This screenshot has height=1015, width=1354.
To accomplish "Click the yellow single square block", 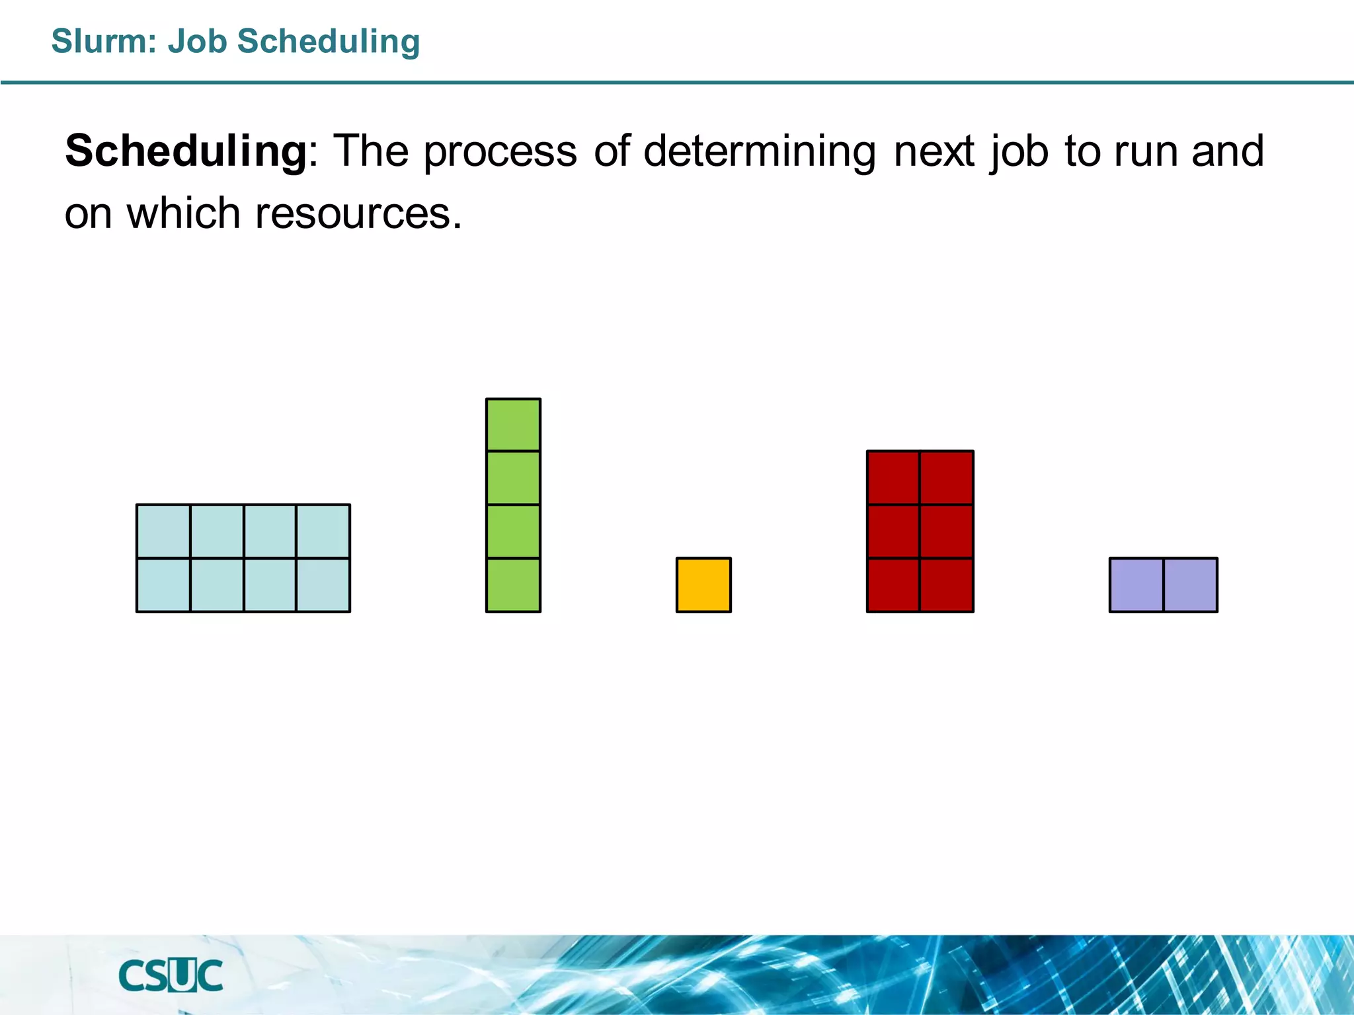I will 703,585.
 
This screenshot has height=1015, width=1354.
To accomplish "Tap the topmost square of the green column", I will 513,425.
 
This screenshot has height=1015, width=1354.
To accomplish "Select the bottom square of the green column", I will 513,585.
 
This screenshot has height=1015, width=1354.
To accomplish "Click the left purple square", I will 1136,585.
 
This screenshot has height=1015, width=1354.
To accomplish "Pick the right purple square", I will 1190,585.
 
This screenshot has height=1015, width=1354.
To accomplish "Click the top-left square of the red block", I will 893,478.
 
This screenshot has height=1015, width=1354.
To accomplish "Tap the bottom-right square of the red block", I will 946,585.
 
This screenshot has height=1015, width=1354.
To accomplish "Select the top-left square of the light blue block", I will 163,531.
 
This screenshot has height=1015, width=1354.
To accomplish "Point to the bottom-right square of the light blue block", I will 323,585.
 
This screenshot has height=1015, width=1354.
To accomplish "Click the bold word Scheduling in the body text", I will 186,152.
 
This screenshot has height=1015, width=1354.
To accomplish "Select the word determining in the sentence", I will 760,152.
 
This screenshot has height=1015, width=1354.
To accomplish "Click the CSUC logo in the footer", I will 171,976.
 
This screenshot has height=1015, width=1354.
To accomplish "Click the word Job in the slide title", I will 197,41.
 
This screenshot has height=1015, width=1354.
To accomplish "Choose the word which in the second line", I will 183,214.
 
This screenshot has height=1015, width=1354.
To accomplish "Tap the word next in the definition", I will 934,152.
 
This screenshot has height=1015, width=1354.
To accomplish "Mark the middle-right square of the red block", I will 946,531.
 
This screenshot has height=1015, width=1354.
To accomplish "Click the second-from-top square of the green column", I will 513,478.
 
